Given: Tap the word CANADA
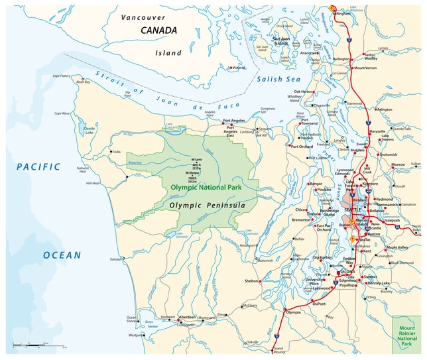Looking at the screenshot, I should [158, 30].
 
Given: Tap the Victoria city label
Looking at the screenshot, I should [239, 68].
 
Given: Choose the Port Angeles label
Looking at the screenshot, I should [235, 121].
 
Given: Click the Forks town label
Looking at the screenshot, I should [117, 152].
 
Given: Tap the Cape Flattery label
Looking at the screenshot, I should [62, 76].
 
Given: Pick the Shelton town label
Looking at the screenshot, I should [251, 281].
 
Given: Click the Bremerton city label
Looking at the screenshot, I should [300, 219].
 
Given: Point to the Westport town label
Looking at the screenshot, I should [135, 335].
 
